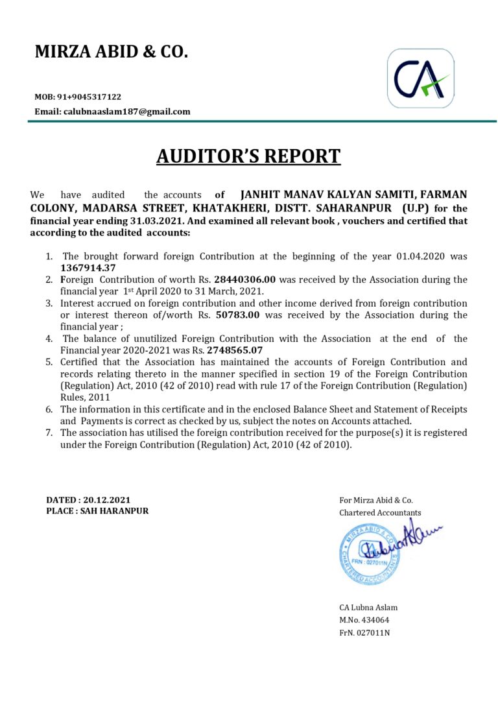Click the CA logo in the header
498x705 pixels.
click(x=420, y=78)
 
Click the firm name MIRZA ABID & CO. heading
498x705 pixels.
click(x=111, y=52)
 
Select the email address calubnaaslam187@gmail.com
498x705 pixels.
click(x=126, y=112)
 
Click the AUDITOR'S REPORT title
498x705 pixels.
click(x=248, y=156)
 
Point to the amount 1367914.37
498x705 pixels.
click(x=88, y=268)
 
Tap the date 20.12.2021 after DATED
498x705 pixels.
click(x=106, y=500)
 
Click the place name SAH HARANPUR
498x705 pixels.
click(x=114, y=511)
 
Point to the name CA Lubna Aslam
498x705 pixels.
click(x=368, y=608)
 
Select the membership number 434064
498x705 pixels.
click(x=378, y=620)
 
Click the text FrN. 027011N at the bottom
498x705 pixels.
click(x=364, y=633)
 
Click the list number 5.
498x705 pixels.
click(x=49, y=362)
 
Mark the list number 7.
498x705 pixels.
click(x=49, y=433)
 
